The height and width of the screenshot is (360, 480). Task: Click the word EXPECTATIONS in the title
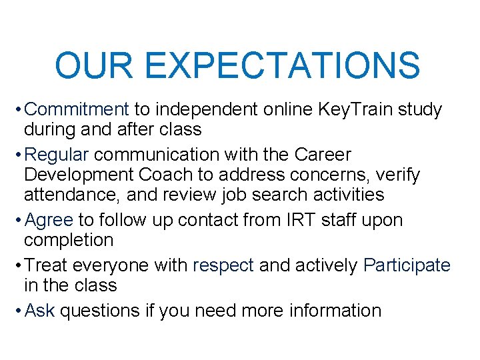click(282, 65)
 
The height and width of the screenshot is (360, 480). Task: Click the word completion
click(69, 239)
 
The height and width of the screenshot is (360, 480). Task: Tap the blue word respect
click(223, 265)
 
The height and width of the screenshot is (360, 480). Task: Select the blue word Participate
click(407, 265)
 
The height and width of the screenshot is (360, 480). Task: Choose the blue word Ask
click(40, 311)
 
